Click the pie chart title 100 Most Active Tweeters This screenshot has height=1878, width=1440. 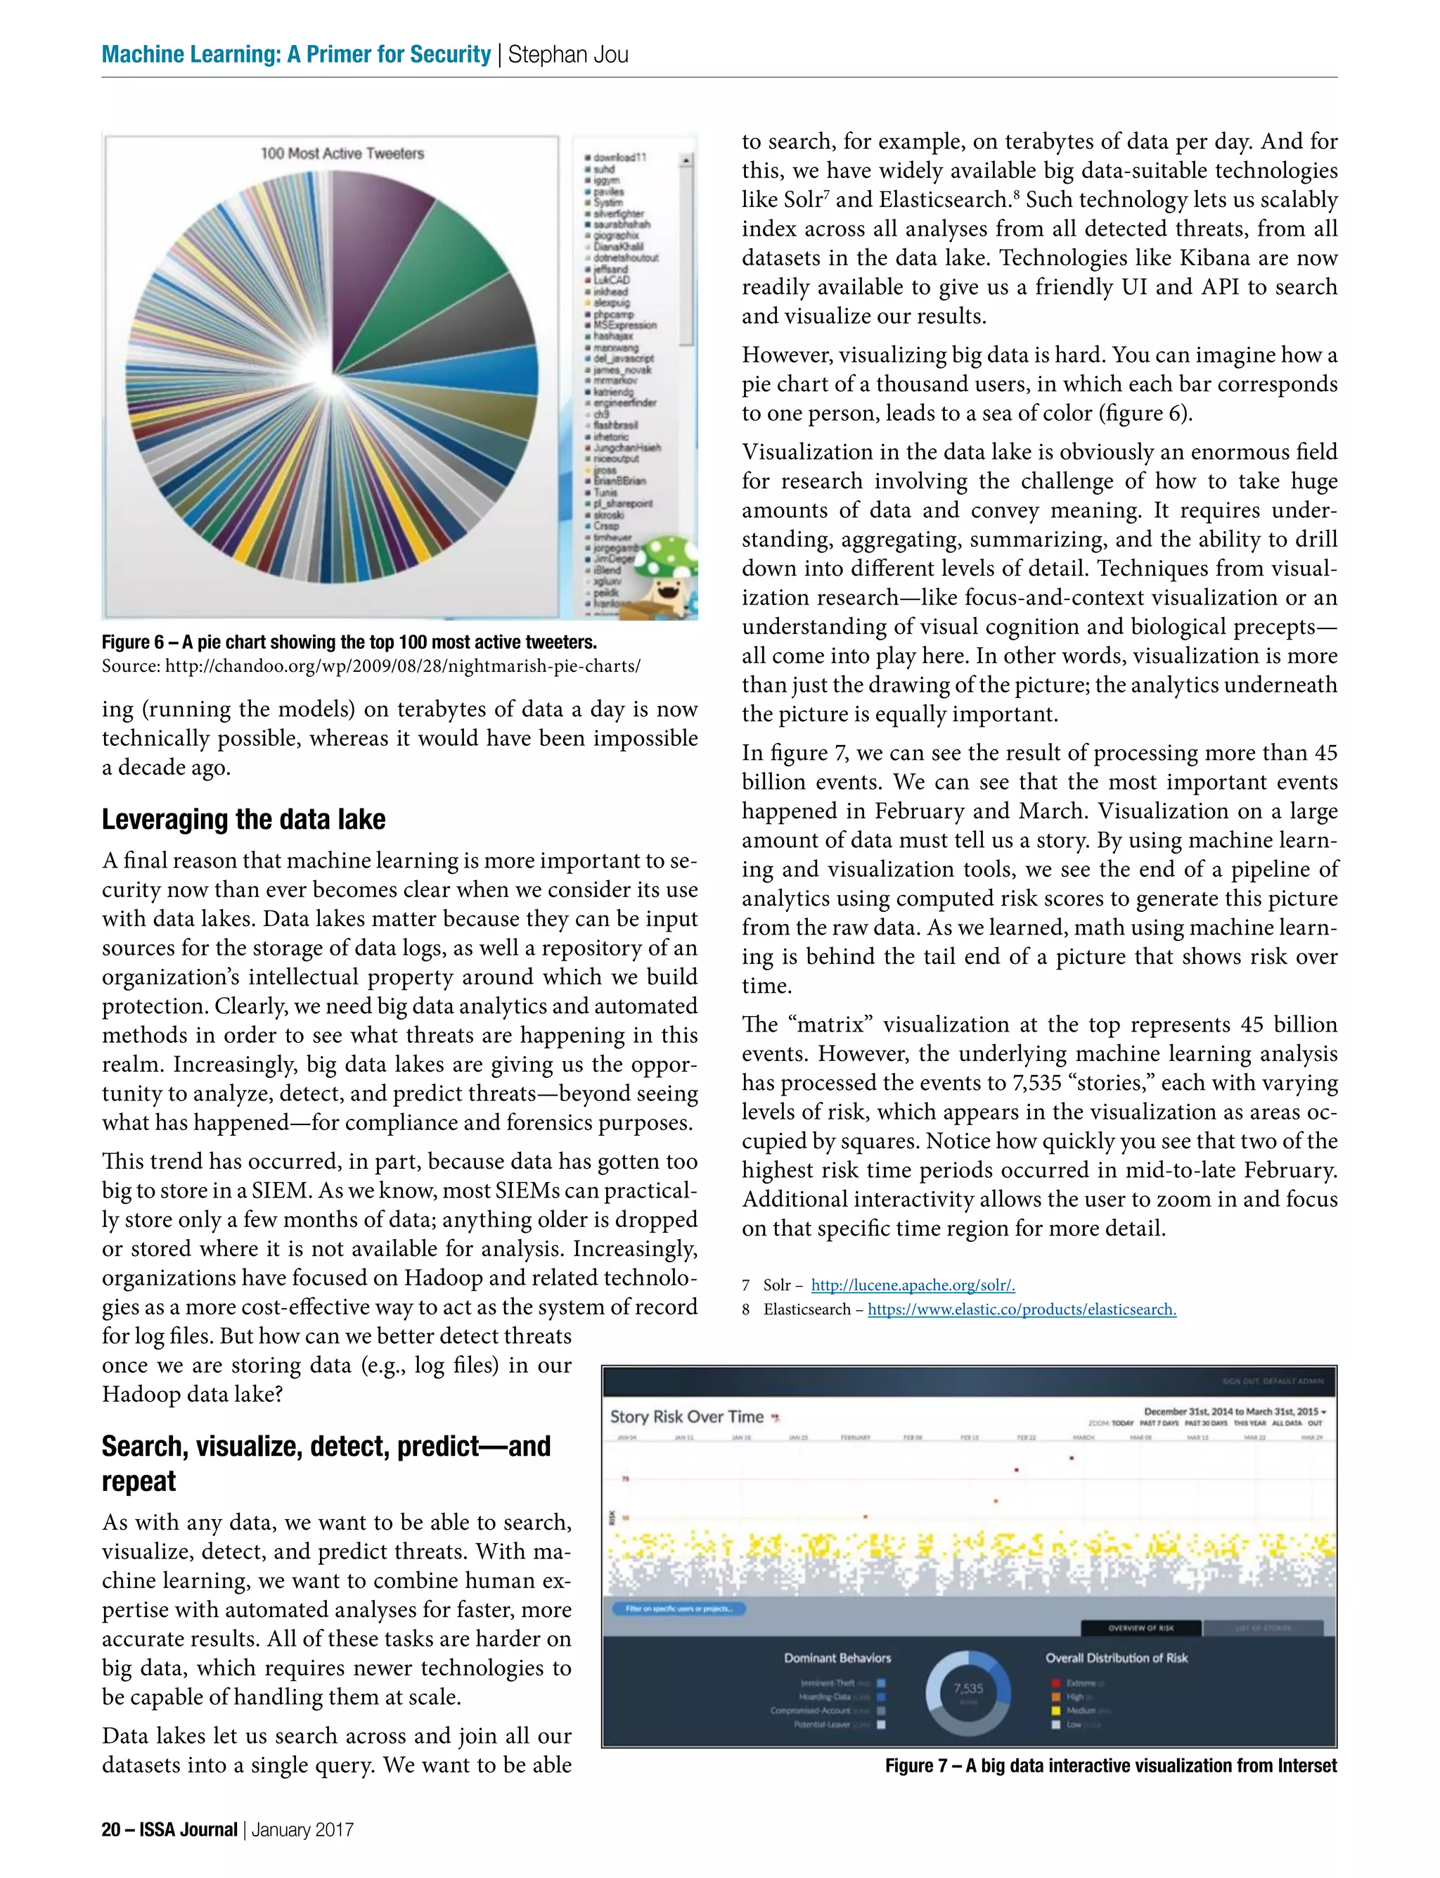342,153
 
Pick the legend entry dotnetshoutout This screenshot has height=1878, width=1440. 625,258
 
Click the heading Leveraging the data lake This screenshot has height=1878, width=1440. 243,819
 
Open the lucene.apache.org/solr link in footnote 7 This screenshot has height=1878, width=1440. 913,1285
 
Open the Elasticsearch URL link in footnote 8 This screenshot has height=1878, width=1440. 1022,1309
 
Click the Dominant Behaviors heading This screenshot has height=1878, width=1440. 837,1658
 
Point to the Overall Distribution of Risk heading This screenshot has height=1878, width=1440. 1116,1658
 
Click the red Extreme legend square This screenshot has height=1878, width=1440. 1056,1682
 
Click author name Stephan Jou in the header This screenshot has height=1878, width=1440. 568,55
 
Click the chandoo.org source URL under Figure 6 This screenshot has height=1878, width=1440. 402,666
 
